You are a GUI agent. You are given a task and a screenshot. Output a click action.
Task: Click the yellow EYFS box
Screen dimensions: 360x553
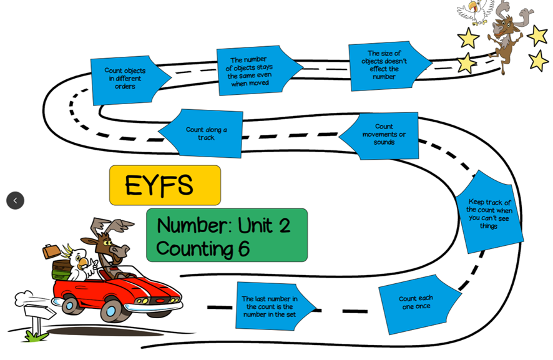tap(165, 185)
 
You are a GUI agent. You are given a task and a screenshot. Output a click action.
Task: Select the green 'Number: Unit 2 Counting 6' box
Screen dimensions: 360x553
tap(227, 235)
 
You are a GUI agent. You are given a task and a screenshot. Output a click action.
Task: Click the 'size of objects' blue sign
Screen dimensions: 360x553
tap(386, 66)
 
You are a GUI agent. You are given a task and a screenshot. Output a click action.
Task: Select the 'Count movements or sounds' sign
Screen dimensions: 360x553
tap(383, 135)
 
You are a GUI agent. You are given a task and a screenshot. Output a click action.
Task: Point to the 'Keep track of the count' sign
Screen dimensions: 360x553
tap(489, 213)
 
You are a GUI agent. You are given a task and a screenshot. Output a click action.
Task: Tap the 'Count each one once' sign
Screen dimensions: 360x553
tap(416, 303)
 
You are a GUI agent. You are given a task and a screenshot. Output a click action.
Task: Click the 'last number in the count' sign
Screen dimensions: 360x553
tap(270, 306)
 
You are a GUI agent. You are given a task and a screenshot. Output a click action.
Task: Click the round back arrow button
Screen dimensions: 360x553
tap(16, 200)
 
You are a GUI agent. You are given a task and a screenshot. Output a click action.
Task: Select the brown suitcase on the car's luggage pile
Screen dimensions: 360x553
tap(51, 251)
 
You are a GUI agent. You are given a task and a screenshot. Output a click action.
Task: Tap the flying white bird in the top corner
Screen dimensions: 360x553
tap(476, 11)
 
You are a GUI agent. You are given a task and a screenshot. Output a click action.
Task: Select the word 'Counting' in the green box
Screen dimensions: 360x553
tap(194, 249)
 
